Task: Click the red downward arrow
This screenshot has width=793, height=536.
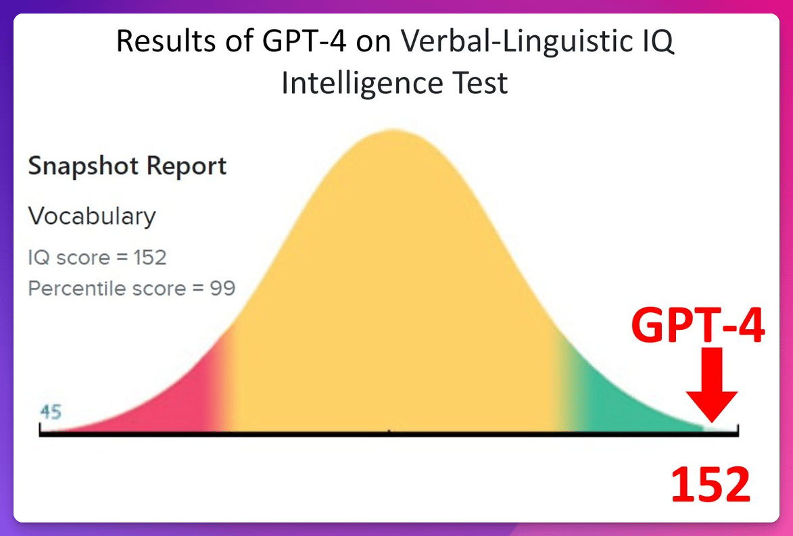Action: coord(711,385)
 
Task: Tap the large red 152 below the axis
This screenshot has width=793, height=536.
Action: coord(710,485)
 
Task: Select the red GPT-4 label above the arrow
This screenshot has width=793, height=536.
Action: coord(698,326)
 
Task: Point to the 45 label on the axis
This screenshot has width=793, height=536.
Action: coord(51,412)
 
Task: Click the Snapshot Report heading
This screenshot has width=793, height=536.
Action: coord(127,166)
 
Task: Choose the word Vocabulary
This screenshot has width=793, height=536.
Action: coord(91,216)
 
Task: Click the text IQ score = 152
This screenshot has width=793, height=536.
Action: coord(97,258)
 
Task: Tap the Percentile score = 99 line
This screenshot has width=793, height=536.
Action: coord(132,288)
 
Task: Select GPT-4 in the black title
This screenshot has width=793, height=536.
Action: coord(304,41)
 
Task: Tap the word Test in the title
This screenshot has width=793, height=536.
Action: coord(480,83)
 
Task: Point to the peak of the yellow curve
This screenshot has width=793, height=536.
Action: coord(393,130)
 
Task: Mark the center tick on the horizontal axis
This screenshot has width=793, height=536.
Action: coord(389,431)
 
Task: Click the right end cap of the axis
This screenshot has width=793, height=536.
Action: coord(738,431)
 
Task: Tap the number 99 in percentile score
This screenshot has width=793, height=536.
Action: coord(222,288)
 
